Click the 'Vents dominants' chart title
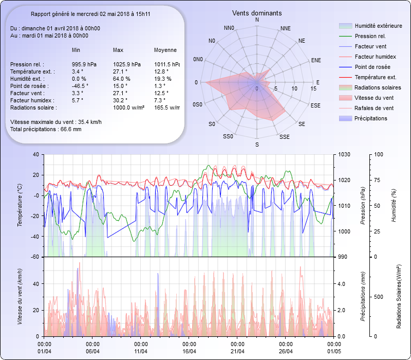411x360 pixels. (257, 13)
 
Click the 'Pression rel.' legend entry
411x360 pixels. (370, 36)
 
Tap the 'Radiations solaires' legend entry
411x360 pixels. (376, 87)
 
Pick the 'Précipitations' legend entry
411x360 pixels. (371, 118)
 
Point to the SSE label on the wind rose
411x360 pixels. (284, 137)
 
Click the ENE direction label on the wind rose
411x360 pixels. (316, 60)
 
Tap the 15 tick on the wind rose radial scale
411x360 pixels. (313, 88)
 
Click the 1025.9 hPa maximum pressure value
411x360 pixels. (127, 64)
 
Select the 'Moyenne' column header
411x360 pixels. (165, 50)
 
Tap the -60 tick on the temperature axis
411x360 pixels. (35, 257)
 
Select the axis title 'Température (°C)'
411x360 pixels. (20, 206)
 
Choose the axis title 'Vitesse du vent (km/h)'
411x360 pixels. (20, 296)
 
